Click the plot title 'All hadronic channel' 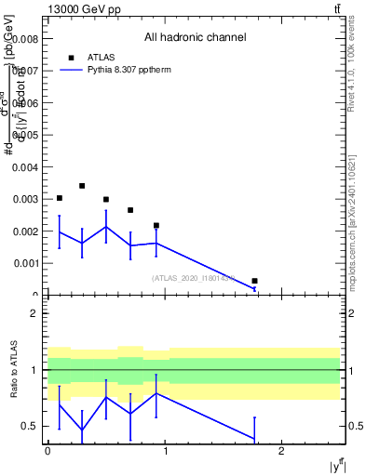(x=195, y=38)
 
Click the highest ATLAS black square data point (x=82, y=186)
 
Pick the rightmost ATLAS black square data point (x=254, y=281)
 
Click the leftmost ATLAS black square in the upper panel (x=60, y=198)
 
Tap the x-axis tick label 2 (x=282, y=451)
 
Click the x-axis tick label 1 (x=165, y=451)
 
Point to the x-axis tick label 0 (x=47, y=451)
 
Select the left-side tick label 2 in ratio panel (x=34, y=313)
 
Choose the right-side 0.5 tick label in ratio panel (x=354, y=427)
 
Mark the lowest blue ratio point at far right (x=254, y=439)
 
